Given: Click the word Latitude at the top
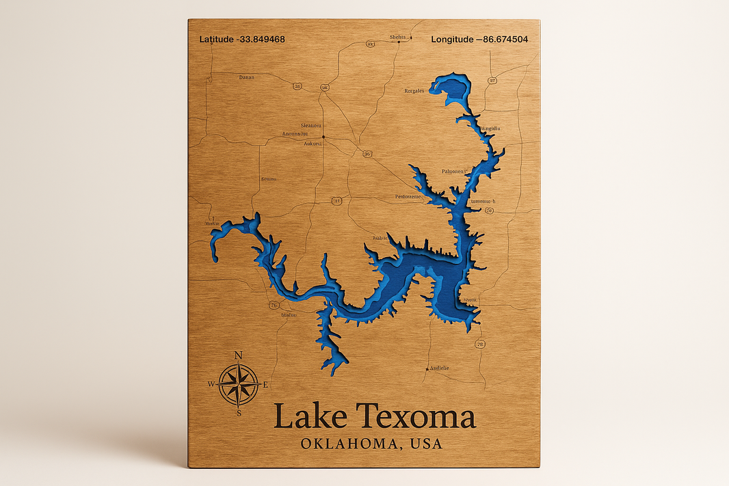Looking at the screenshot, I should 216,40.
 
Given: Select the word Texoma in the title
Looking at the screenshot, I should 416,417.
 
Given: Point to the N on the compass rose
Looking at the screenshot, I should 239,355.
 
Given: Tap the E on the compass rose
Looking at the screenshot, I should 265,385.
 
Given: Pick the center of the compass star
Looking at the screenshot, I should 239,385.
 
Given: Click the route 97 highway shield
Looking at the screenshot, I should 492,81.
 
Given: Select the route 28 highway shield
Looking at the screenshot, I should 480,344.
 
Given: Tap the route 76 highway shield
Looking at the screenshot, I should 274,305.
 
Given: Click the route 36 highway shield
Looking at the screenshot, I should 367,154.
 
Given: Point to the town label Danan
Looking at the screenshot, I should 246,77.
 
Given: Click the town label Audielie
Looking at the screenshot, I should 439,368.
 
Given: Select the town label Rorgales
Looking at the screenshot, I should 414,90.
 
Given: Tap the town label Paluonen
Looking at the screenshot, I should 453,171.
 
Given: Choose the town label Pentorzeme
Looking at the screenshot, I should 408,196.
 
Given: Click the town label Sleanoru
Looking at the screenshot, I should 311,126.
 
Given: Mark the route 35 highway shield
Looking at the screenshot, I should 297,86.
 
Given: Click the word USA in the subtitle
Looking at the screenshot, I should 426,444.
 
